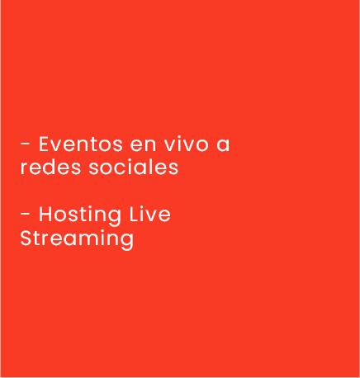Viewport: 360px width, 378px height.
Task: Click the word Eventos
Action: [80, 144]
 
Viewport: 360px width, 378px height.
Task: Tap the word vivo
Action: [187, 144]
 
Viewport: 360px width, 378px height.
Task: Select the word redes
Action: [50, 167]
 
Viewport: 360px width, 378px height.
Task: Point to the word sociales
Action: [134, 167]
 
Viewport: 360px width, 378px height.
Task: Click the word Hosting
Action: [80, 215]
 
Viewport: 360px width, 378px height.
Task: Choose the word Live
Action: [150, 214]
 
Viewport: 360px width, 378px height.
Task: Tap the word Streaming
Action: [77, 239]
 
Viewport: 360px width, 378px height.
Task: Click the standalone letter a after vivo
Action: [223, 146]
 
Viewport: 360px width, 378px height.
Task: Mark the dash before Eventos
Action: [25, 144]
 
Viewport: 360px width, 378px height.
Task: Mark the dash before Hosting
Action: [25, 214]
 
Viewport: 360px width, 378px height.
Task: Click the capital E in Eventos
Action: [44, 144]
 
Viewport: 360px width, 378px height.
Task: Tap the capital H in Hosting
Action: [45, 214]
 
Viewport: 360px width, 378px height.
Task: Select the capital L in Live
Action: [134, 214]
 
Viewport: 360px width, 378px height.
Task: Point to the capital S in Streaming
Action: [26, 238]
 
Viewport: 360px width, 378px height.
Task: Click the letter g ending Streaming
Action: [128, 241]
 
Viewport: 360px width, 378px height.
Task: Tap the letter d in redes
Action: [50, 167]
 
